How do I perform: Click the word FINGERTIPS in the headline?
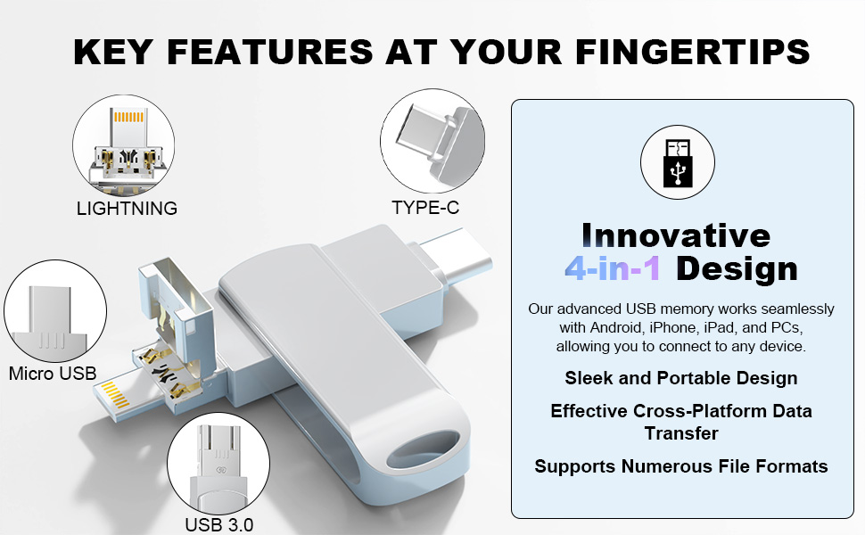(692, 52)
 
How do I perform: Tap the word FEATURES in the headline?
(270, 52)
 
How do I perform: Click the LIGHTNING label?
(127, 209)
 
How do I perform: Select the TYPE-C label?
(425, 208)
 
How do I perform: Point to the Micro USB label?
(53, 374)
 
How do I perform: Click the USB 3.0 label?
(219, 524)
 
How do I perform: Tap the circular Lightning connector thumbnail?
(124, 145)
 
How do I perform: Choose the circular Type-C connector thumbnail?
(432, 141)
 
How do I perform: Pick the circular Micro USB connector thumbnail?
(55, 311)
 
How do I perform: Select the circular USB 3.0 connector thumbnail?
(218, 464)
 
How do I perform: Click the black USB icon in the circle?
(678, 162)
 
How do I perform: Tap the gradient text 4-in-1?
(613, 268)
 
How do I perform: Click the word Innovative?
(676, 235)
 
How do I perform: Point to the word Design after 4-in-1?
(737, 269)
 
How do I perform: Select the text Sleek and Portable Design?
(680, 378)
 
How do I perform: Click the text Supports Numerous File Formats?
(680, 466)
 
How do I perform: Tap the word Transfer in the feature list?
(681, 433)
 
